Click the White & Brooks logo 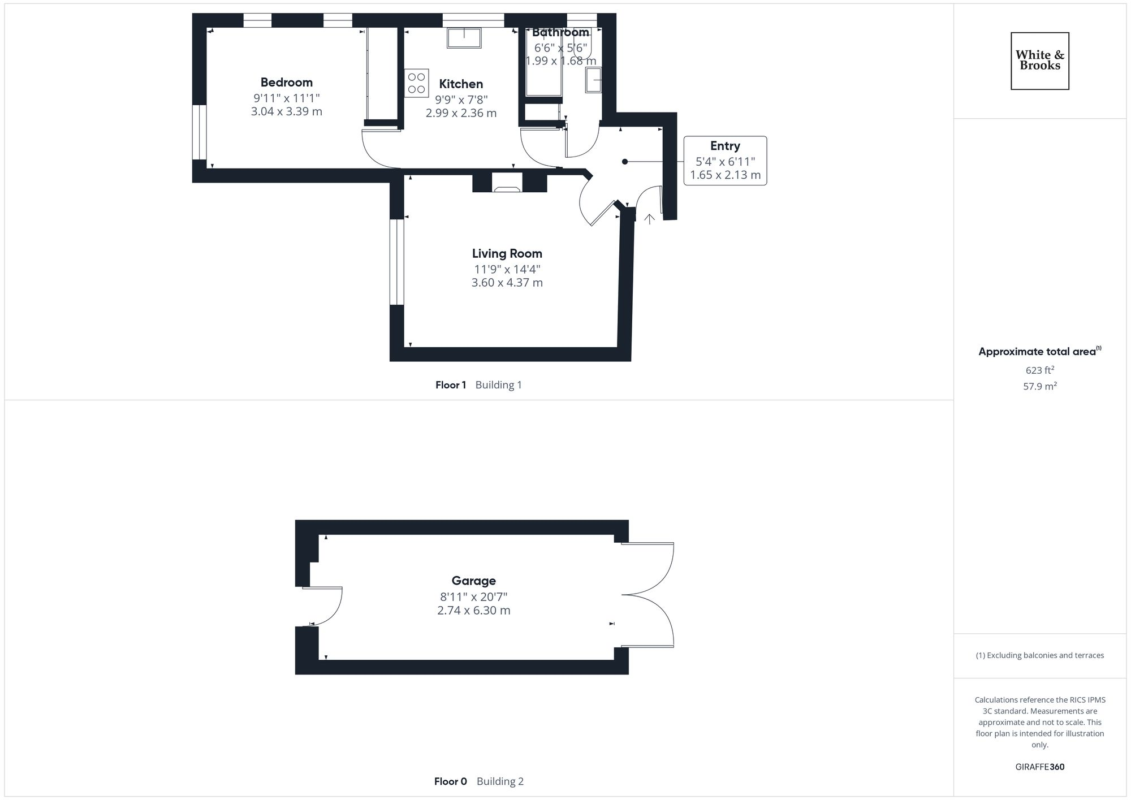[x=1039, y=61]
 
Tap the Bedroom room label [x=286, y=83]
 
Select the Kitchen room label [x=461, y=84]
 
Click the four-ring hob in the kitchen [x=416, y=83]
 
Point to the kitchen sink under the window [x=464, y=38]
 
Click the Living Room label [x=507, y=253]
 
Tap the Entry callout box [x=725, y=161]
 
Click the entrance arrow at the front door [x=649, y=219]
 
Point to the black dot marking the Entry [x=625, y=162]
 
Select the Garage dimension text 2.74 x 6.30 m [x=473, y=611]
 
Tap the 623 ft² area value [x=1039, y=370]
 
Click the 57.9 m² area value [x=1039, y=387]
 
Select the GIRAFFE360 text [x=1039, y=767]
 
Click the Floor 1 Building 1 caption [x=478, y=385]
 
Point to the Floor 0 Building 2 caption [x=478, y=781]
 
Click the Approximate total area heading [x=1039, y=352]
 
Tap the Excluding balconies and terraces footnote [x=1039, y=656]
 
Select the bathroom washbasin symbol [x=593, y=80]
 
